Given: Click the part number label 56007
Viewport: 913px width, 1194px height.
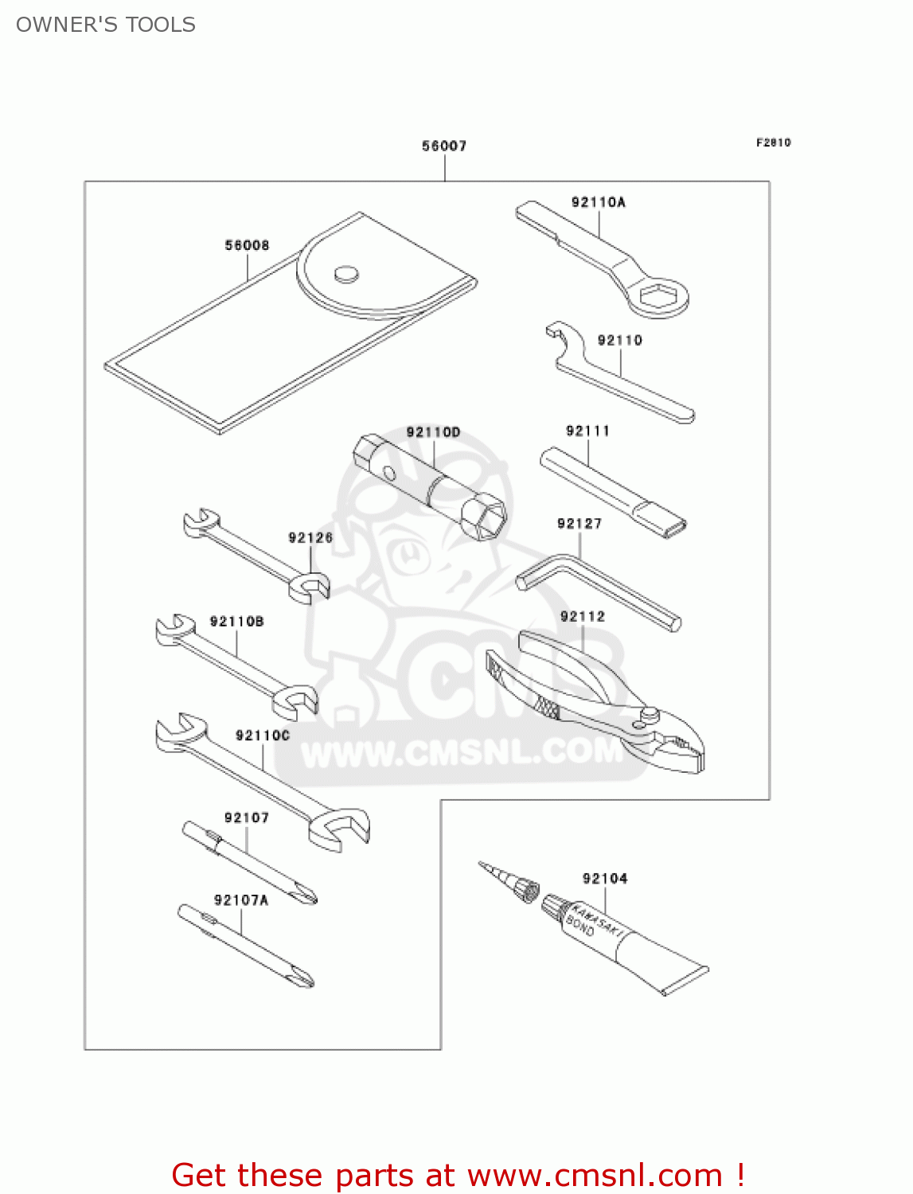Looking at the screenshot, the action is pyautogui.click(x=444, y=146).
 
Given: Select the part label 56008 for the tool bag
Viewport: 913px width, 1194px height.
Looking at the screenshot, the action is pyautogui.click(x=247, y=245).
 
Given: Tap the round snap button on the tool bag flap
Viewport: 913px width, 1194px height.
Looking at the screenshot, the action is pyautogui.click(x=345, y=274).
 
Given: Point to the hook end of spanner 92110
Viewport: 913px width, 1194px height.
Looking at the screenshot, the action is pyautogui.click(x=560, y=334).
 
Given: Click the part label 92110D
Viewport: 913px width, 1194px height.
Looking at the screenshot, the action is pyautogui.click(x=433, y=432).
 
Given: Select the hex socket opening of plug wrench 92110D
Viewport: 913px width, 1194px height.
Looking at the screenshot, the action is pyautogui.click(x=486, y=520).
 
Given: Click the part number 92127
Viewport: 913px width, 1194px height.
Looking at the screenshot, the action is pyautogui.click(x=579, y=523).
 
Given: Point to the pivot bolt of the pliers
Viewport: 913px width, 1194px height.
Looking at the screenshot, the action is pyautogui.click(x=649, y=716).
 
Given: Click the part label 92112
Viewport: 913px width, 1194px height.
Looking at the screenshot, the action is pyautogui.click(x=583, y=616).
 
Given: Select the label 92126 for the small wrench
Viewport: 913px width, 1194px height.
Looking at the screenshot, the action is pyautogui.click(x=310, y=537).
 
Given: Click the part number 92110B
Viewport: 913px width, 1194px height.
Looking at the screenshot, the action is pyautogui.click(x=236, y=621).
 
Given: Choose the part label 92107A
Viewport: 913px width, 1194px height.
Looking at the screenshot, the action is pyautogui.click(x=241, y=899).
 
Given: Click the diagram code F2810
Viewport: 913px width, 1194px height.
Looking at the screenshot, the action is pyautogui.click(x=773, y=142).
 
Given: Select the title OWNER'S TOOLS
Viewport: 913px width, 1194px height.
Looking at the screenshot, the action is pyautogui.click(x=106, y=25).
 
